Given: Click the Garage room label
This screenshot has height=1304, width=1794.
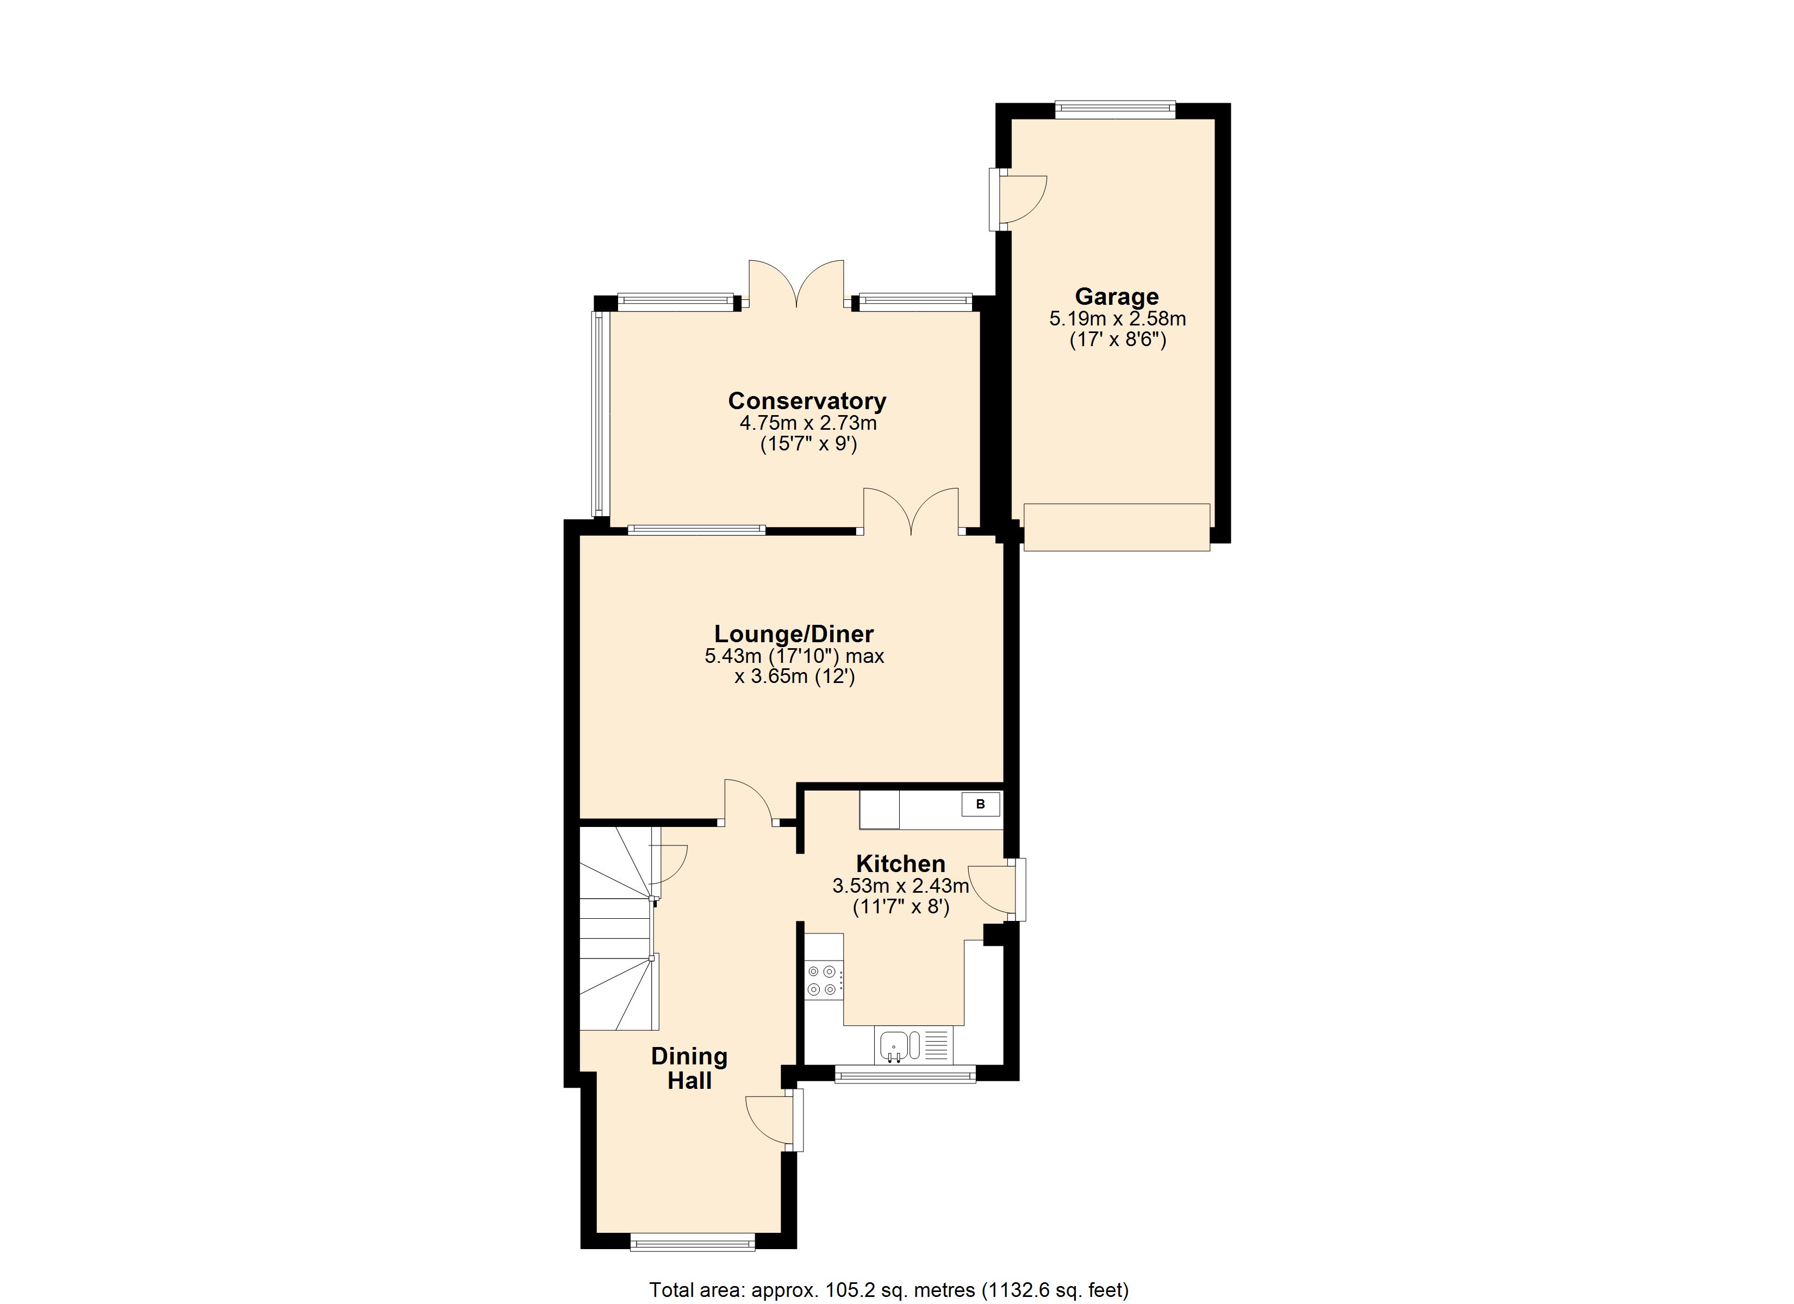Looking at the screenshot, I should pyautogui.click(x=1116, y=297).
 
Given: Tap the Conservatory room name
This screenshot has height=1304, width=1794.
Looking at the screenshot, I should pyautogui.click(x=807, y=401).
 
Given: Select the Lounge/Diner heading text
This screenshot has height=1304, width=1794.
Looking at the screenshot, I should pyautogui.click(x=793, y=634).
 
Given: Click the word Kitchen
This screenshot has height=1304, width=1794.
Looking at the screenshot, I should pyautogui.click(x=900, y=863).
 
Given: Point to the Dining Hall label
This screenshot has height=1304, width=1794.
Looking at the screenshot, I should pyautogui.click(x=689, y=1068).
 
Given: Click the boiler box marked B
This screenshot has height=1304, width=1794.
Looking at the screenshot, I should pyautogui.click(x=980, y=804).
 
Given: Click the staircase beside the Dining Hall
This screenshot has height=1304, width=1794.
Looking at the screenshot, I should pyautogui.click(x=617, y=929).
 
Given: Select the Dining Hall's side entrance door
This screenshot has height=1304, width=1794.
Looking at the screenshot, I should pyautogui.click(x=771, y=1119).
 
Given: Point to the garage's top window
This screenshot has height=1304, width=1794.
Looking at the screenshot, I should pyautogui.click(x=1114, y=110).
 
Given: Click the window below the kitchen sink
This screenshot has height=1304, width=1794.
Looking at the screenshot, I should pyautogui.click(x=905, y=1074).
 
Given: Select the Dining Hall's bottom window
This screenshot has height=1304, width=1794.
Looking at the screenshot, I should pyautogui.click(x=692, y=1242).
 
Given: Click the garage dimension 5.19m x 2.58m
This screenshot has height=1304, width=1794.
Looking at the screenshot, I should pyautogui.click(x=1117, y=319).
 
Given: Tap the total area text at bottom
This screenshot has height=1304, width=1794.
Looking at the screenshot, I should pyautogui.click(x=888, y=1290).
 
